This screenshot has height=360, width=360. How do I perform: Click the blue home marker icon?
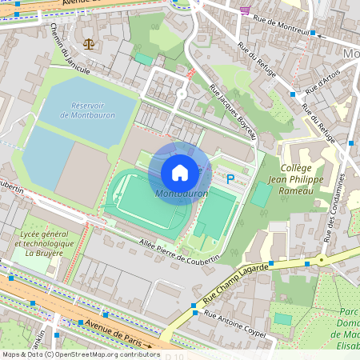180,172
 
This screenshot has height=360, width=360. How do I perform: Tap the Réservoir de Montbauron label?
87,110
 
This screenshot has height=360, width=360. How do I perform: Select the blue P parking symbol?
230,180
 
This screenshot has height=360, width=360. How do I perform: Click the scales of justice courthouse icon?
87,42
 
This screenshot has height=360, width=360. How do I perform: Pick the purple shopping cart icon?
244,10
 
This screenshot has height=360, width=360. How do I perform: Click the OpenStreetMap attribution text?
81,354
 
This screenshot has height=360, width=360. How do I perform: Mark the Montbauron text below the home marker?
181,194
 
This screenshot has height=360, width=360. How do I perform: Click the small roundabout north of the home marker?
182,94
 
